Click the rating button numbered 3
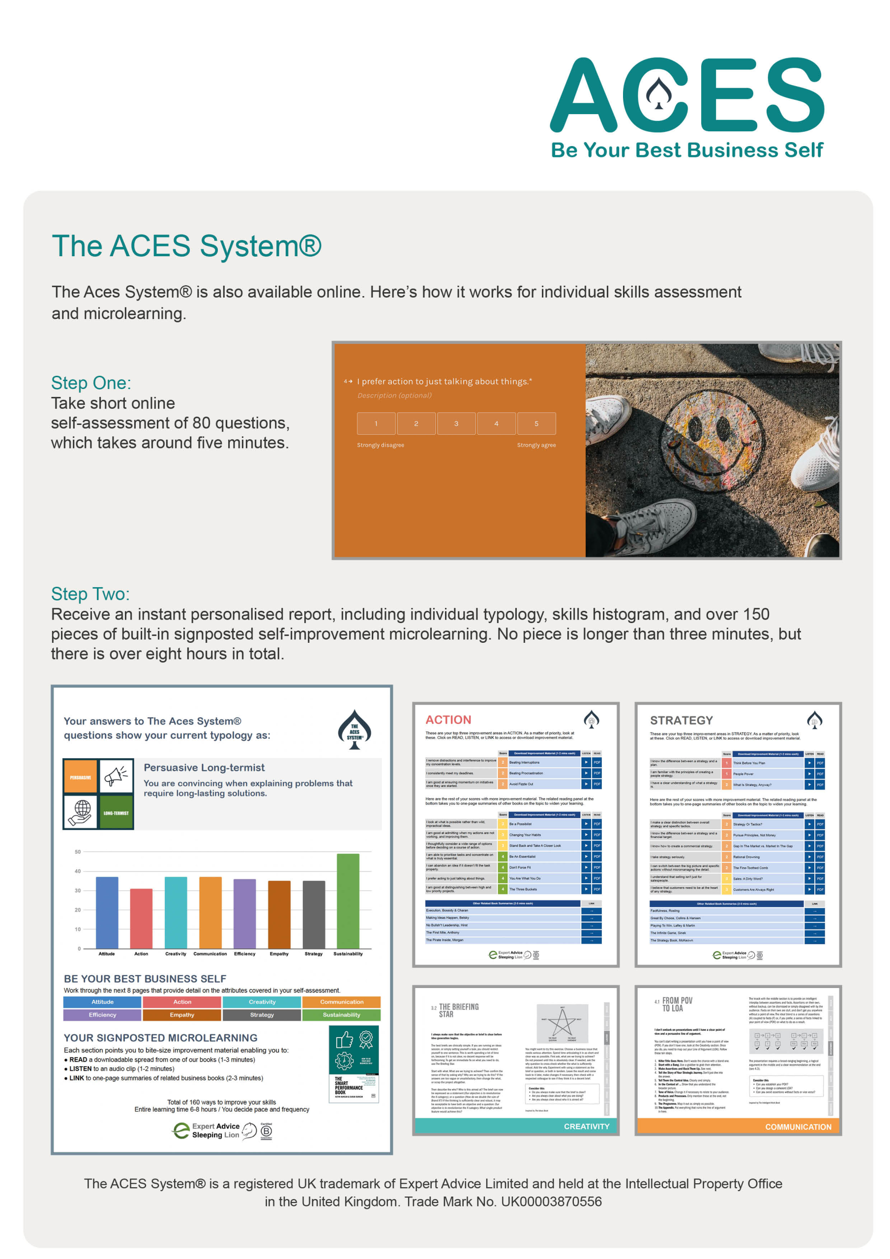pos(456,423)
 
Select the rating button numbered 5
pos(536,423)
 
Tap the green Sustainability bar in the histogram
pos(348,900)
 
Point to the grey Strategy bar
pos(314,914)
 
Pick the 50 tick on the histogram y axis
pos(78,852)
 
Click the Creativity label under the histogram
pos(176,954)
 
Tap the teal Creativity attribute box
pos(262,1002)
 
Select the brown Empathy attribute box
pos(182,1015)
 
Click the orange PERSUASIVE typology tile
pos(81,777)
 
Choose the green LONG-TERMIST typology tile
pos(116,812)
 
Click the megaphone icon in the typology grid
pos(116,777)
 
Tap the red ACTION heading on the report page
pos(448,719)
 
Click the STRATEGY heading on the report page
pos(681,720)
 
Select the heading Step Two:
pos(90,594)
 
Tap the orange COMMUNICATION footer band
pos(738,1126)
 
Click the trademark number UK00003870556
pos(551,1202)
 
